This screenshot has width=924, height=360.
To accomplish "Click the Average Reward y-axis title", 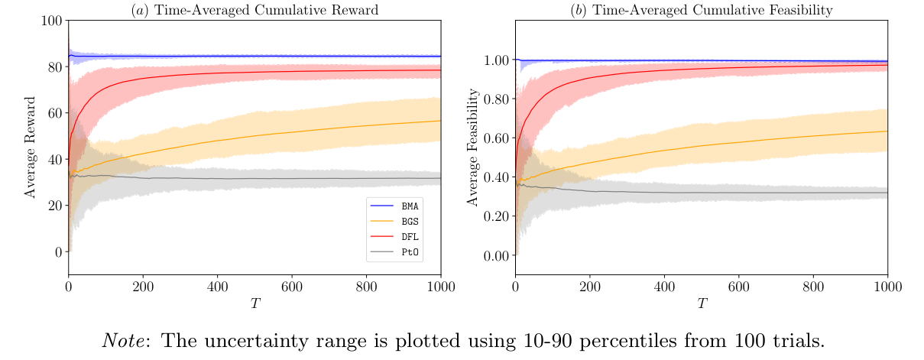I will tap(31, 147).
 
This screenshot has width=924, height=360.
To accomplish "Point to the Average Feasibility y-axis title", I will tap(474, 147).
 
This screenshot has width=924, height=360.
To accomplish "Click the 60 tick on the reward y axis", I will tap(53, 113).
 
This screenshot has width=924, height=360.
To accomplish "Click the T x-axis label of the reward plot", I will tap(255, 303).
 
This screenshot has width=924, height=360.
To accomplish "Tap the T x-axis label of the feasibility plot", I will tap(701, 303).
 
